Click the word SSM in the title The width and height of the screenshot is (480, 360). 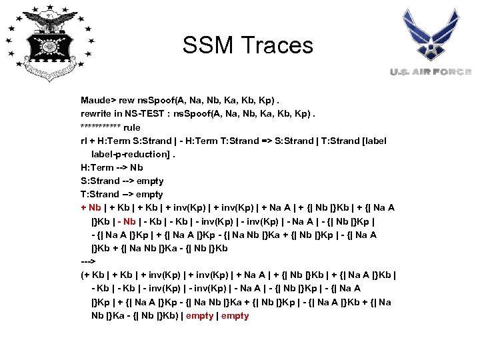209,45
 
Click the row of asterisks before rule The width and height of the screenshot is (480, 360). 101,127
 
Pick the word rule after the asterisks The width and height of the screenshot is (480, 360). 132,127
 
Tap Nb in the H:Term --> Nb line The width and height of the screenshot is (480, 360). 136,167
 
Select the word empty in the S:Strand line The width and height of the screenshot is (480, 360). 149,181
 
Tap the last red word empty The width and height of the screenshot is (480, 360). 235,315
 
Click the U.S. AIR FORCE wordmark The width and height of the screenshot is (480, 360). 431,72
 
